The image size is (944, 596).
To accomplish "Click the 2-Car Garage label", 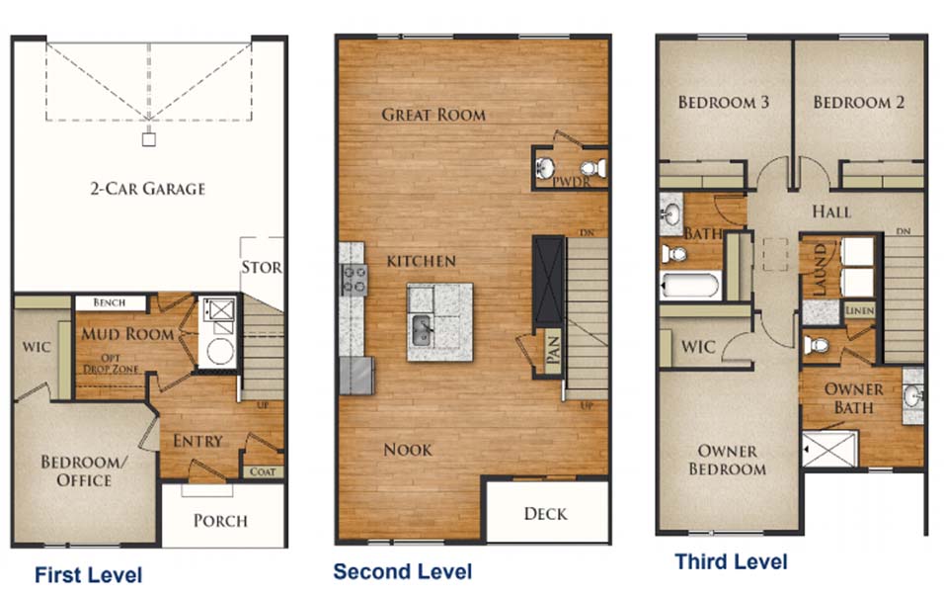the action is tap(148, 189).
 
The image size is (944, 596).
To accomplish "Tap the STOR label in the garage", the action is tap(262, 267).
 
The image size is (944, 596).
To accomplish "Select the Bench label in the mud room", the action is tap(110, 302).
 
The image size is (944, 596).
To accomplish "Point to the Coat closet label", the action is tap(263, 471).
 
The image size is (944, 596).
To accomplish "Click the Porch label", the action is tap(220, 521).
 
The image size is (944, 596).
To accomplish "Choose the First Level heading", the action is tap(89, 575).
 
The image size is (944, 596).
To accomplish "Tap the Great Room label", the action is tap(433, 115).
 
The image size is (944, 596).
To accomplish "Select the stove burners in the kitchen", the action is tap(354, 280).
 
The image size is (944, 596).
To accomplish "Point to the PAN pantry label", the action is tap(553, 350).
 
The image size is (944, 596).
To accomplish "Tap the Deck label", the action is tap(545, 514).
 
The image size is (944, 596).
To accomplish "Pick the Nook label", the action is tap(408, 450).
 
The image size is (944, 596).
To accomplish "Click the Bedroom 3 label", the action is tap(724, 103).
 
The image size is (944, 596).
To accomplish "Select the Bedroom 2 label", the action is tap(858, 103).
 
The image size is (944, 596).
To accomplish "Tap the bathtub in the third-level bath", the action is tap(690, 285).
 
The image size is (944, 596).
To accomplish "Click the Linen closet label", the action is tap(859, 311).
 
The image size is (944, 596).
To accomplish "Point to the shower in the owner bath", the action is tap(829, 449).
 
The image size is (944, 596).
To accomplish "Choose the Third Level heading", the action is tap(731, 561).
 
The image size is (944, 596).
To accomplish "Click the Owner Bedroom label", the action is tap(728, 460).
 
